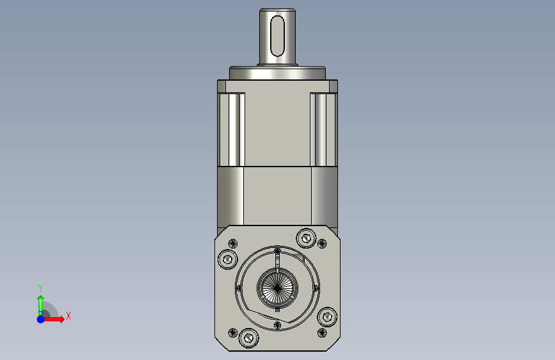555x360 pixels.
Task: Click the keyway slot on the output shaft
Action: click(x=277, y=36)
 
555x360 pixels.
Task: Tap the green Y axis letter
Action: click(x=40, y=288)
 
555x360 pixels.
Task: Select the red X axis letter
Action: click(x=68, y=316)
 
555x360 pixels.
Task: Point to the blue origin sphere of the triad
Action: click(x=41, y=319)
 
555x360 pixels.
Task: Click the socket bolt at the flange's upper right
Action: click(x=306, y=238)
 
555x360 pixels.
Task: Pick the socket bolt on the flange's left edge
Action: click(x=228, y=259)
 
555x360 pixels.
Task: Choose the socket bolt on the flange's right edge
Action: click(x=327, y=316)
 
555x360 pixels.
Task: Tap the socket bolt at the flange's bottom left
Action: click(x=249, y=338)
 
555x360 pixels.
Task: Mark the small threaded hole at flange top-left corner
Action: click(x=232, y=243)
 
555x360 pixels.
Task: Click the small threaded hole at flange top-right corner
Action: click(x=322, y=243)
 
